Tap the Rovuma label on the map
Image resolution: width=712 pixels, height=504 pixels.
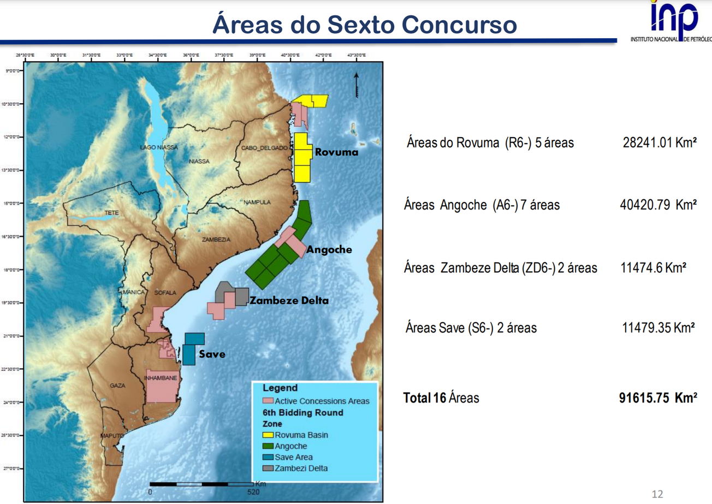pos(336,152)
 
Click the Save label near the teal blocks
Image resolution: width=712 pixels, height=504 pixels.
pos(212,354)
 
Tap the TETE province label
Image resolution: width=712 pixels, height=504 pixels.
pos(111,212)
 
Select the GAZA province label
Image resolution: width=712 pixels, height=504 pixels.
pos(117,386)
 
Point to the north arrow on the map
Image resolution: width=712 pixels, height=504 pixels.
pos(356,85)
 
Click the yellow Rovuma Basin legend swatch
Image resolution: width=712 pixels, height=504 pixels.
pos(269,435)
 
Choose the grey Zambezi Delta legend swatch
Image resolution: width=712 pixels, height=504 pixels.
pos(269,468)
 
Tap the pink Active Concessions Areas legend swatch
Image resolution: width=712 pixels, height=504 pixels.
pos(269,401)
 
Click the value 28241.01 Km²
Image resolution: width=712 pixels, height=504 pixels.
pos(659,143)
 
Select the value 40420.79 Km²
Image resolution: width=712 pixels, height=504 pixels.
pos(658,205)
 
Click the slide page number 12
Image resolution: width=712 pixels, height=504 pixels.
pos(657,494)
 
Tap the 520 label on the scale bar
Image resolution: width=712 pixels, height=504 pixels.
pos(253,491)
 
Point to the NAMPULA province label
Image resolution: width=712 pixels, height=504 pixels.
pos(257,202)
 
